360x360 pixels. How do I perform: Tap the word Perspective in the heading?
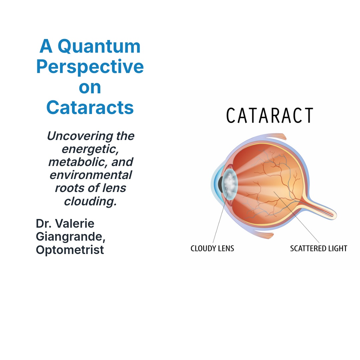(x=90, y=67)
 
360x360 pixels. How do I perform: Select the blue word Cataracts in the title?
(x=90, y=107)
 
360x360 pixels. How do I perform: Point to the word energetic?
(x=90, y=149)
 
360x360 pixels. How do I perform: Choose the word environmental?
(x=91, y=175)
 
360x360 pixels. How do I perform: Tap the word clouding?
(x=90, y=201)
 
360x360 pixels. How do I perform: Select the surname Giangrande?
(x=70, y=237)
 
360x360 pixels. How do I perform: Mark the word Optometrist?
(x=70, y=250)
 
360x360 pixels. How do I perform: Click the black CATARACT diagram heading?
(x=270, y=115)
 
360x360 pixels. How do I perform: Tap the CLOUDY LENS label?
(x=212, y=248)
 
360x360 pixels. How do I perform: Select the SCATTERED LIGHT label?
(x=319, y=248)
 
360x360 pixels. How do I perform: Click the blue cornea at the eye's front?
(x=215, y=184)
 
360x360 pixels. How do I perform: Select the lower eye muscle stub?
(x=264, y=235)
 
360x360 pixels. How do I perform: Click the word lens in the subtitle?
(x=114, y=188)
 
